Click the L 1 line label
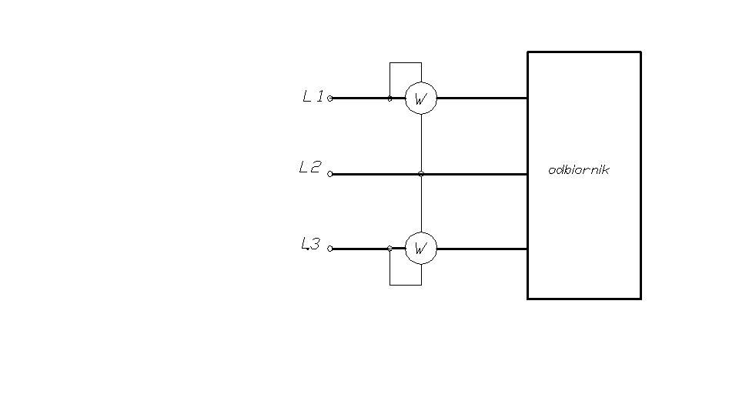click(x=313, y=97)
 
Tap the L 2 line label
click(x=309, y=167)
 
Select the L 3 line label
click(x=310, y=245)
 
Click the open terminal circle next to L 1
click(x=330, y=99)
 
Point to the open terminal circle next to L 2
click(x=330, y=174)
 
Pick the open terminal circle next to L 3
click(x=330, y=249)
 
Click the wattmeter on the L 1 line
click(x=421, y=99)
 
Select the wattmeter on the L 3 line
click(x=421, y=249)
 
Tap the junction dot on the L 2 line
click(x=421, y=174)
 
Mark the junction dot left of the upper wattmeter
click(x=390, y=99)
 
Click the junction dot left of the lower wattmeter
click(x=390, y=249)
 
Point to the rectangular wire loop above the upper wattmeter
click(x=406, y=63)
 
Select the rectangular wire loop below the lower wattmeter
click(x=406, y=285)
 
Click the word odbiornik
click(x=578, y=170)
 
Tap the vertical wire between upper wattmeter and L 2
click(x=421, y=143)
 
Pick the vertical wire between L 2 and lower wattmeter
click(x=421, y=204)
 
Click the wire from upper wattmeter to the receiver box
click(x=481, y=99)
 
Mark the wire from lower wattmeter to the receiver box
click(x=481, y=249)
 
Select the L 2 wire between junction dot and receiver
click(x=473, y=174)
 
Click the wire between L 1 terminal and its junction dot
click(x=360, y=99)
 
